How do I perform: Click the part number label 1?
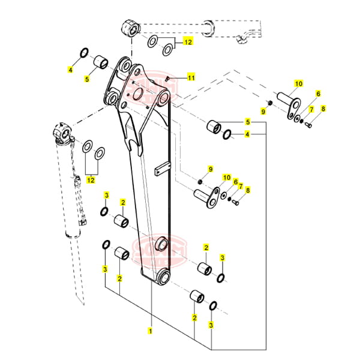[x=151, y=329]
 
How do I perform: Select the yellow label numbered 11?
[x=191, y=78]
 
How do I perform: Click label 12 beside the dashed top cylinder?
[x=188, y=42]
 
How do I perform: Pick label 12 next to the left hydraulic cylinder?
[x=91, y=179]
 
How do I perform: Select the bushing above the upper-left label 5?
[x=100, y=61]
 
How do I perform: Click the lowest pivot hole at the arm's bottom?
[x=163, y=278]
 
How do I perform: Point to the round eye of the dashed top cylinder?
[x=131, y=28]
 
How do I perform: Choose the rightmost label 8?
[x=323, y=109]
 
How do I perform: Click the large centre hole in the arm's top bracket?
[x=135, y=94]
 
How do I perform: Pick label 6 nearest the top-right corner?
[x=318, y=94]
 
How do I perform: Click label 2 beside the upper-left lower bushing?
[x=122, y=202]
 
